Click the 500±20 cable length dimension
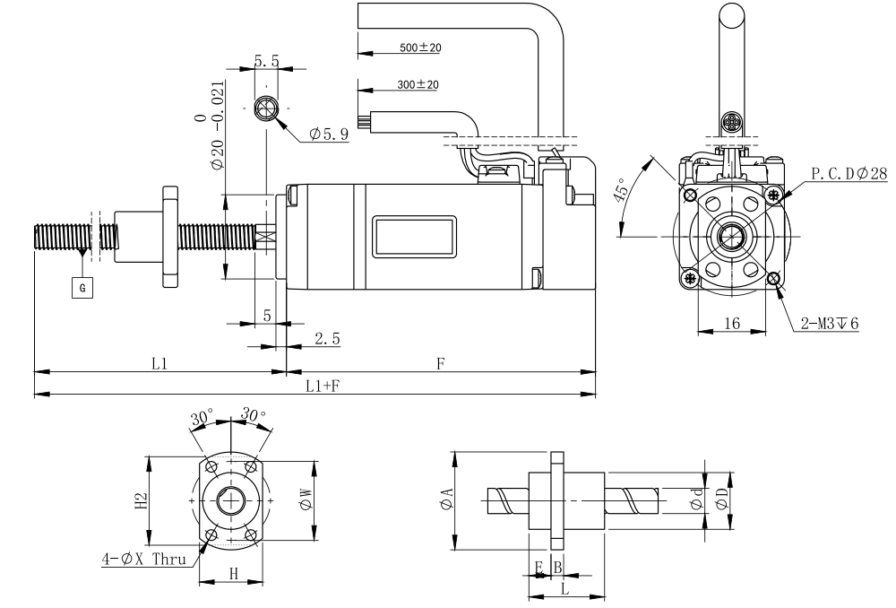tap(419, 48)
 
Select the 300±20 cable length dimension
tap(418, 85)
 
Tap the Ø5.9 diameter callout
tap(328, 135)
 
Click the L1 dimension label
tap(159, 363)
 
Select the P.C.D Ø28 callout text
tap(849, 173)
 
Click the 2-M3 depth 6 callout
tap(830, 323)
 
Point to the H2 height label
tap(140, 500)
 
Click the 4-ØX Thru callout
tap(142, 560)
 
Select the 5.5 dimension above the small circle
tap(267, 61)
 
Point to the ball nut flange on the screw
tap(170, 237)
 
